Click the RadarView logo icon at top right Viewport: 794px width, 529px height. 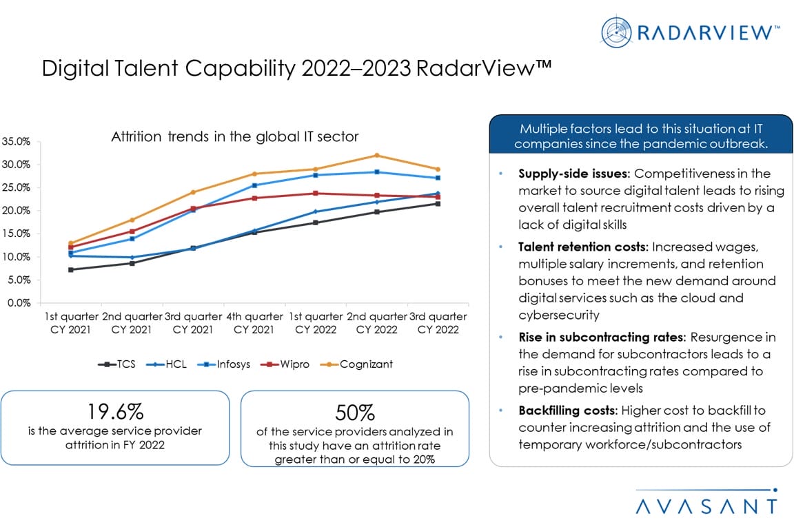[x=616, y=33]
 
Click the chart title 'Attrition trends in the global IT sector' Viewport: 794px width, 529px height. [x=235, y=137]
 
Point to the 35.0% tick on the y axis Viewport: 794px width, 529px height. [x=16, y=141]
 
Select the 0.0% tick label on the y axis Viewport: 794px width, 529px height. [x=17, y=303]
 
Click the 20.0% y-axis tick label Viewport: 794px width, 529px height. [x=16, y=211]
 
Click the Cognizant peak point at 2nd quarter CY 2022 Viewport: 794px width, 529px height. [x=376, y=155]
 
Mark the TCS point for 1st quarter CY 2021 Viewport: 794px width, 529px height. [x=70, y=269]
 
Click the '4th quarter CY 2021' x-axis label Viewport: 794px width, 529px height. [x=254, y=323]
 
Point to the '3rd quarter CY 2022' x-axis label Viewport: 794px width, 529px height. [x=438, y=323]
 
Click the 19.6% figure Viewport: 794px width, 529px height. [x=115, y=412]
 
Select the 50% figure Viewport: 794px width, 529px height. [x=354, y=413]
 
